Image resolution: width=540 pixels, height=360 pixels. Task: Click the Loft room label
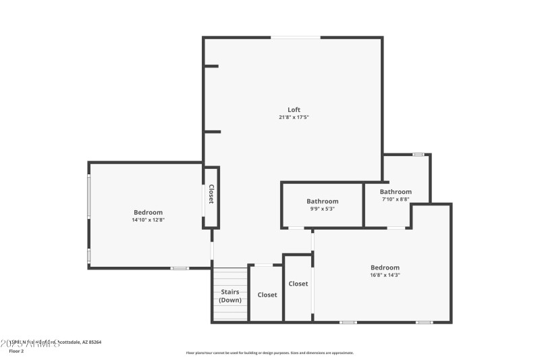(x=294, y=109)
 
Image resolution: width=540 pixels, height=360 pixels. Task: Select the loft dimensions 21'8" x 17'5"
(x=294, y=117)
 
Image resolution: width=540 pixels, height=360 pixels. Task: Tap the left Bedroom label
(x=148, y=212)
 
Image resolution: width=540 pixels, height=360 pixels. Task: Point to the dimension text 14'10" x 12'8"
(x=148, y=220)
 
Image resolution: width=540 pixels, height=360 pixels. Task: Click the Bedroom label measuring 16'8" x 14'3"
(x=385, y=267)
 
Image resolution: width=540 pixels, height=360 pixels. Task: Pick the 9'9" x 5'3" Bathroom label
(x=322, y=201)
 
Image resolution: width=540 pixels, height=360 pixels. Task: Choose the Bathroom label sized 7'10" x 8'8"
(x=396, y=192)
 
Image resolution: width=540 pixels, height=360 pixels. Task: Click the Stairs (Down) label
(x=230, y=296)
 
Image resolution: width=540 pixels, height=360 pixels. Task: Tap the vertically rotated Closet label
(x=211, y=195)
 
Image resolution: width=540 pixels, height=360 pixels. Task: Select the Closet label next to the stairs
(x=267, y=294)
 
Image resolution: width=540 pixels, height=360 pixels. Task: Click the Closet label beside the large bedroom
(x=298, y=284)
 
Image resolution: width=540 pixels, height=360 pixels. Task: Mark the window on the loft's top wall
(x=296, y=37)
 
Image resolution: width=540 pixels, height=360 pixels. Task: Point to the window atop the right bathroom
(x=418, y=155)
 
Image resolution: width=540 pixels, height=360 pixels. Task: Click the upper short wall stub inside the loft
(x=212, y=66)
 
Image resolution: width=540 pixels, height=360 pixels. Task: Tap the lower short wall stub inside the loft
(x=212, y=132)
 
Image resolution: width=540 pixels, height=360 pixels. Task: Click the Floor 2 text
(x=16, y=351)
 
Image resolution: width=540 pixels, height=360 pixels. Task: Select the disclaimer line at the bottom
(x=269, y=353)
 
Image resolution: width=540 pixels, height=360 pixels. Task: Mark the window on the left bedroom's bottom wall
(x=180, y=268)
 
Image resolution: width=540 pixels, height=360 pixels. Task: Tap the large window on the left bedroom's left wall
(x=89, y=197)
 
